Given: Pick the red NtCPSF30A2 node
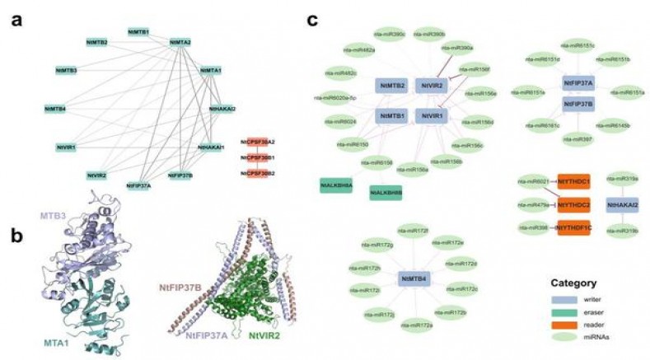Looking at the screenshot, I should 258,143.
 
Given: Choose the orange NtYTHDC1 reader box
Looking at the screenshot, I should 573,180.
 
